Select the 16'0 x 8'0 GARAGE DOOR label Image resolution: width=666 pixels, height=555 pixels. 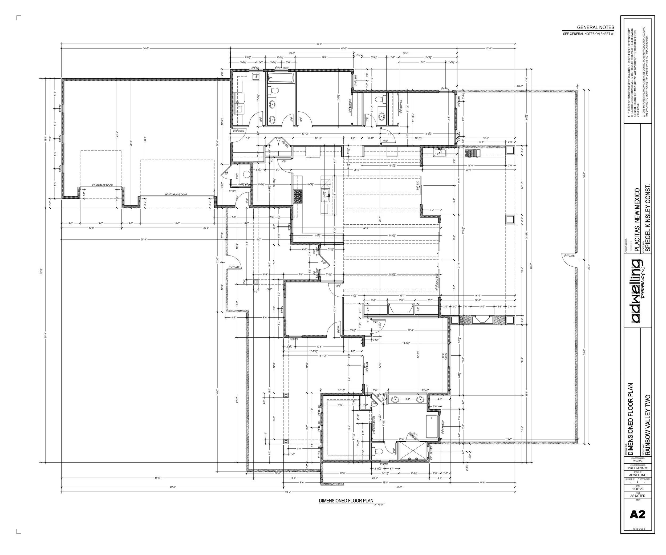tap(176, 195)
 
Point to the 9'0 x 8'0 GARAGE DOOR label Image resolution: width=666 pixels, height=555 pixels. tap(102, 185)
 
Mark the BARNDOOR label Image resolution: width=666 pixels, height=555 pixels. tap(374, 425)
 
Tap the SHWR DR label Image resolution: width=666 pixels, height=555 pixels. tap(412, 436)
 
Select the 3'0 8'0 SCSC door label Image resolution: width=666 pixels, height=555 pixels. tap(239, 131)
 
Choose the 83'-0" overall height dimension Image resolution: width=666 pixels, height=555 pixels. tap(41, 271)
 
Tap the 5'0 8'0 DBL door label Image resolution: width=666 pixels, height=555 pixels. tap(285, 144)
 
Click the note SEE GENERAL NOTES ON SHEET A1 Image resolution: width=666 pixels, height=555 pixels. tap(588, 34)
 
